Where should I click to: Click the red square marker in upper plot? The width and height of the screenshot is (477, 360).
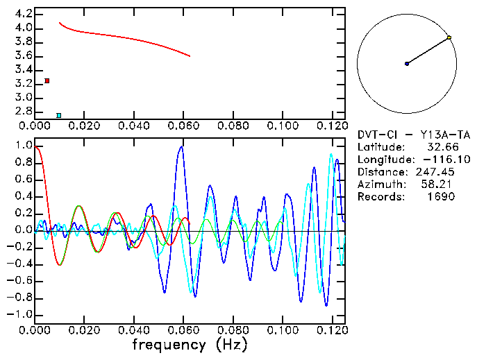(47, 81)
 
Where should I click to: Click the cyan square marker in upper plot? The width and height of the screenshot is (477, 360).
(59, 115)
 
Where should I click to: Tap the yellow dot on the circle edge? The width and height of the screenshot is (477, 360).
(449, 37)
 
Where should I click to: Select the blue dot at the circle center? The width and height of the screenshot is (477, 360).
(407, 64)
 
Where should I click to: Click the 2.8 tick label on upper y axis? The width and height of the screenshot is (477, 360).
(23, 111)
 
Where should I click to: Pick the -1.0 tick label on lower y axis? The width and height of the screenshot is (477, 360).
(21, 314)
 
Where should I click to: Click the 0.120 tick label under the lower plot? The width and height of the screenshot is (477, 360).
(332, 330)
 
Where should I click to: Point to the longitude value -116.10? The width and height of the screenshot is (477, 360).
(436, 160)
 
